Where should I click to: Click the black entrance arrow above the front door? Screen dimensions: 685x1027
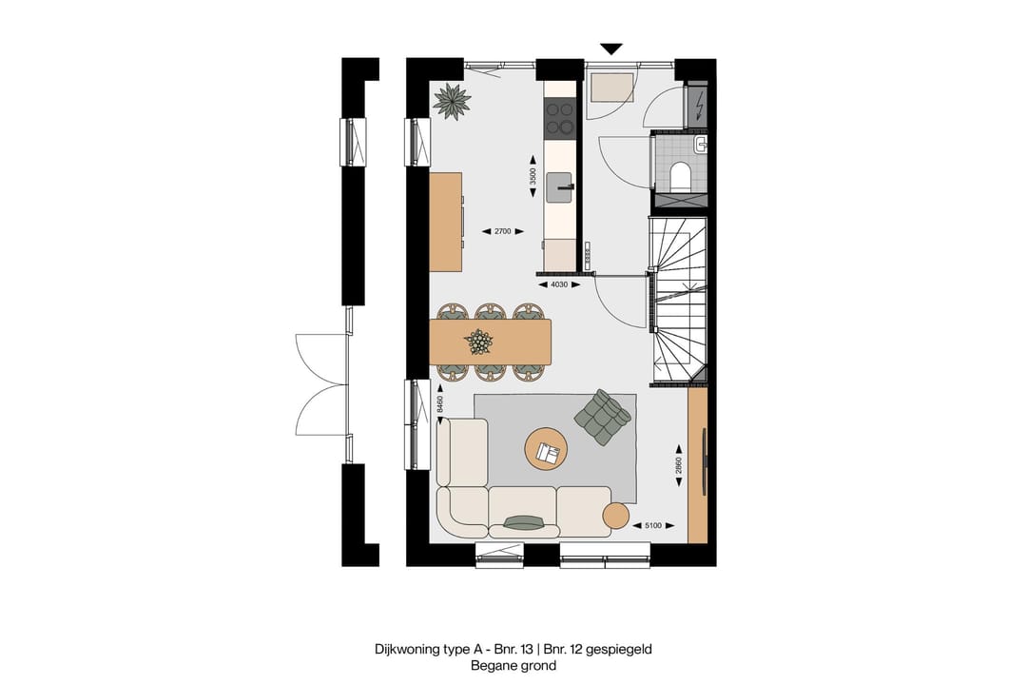[x=611, y=49]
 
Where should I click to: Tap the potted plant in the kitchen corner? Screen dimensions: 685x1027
[x=452, y=101]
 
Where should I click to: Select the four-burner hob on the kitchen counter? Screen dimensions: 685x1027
[x=559, y=119]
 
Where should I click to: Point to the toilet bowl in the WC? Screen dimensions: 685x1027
[x=681, y=177]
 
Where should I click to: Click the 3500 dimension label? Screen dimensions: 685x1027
[x=533, y=177]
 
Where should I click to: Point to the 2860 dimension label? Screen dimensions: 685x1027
[x=679, y=464]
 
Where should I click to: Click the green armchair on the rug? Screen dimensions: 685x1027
[x=602, y=418]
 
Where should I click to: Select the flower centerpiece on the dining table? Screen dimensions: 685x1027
[x=479, y=341]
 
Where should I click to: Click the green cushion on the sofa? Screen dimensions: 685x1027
[x=524, y=521]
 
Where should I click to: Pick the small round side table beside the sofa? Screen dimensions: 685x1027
[x=616, y=516]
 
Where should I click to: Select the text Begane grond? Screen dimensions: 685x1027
[x=513, y=666]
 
